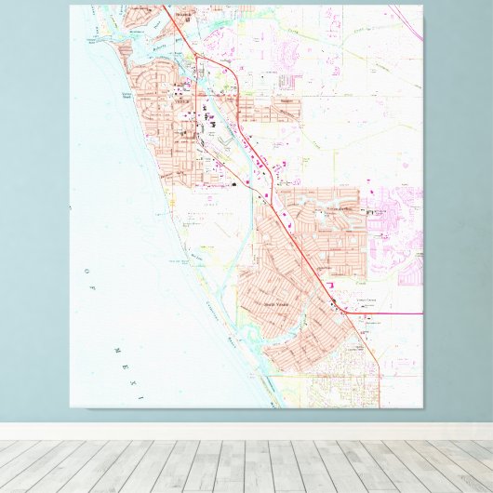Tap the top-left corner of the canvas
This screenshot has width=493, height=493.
click(x=71, y=6)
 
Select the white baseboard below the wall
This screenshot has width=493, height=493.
click(x=246, y=432)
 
